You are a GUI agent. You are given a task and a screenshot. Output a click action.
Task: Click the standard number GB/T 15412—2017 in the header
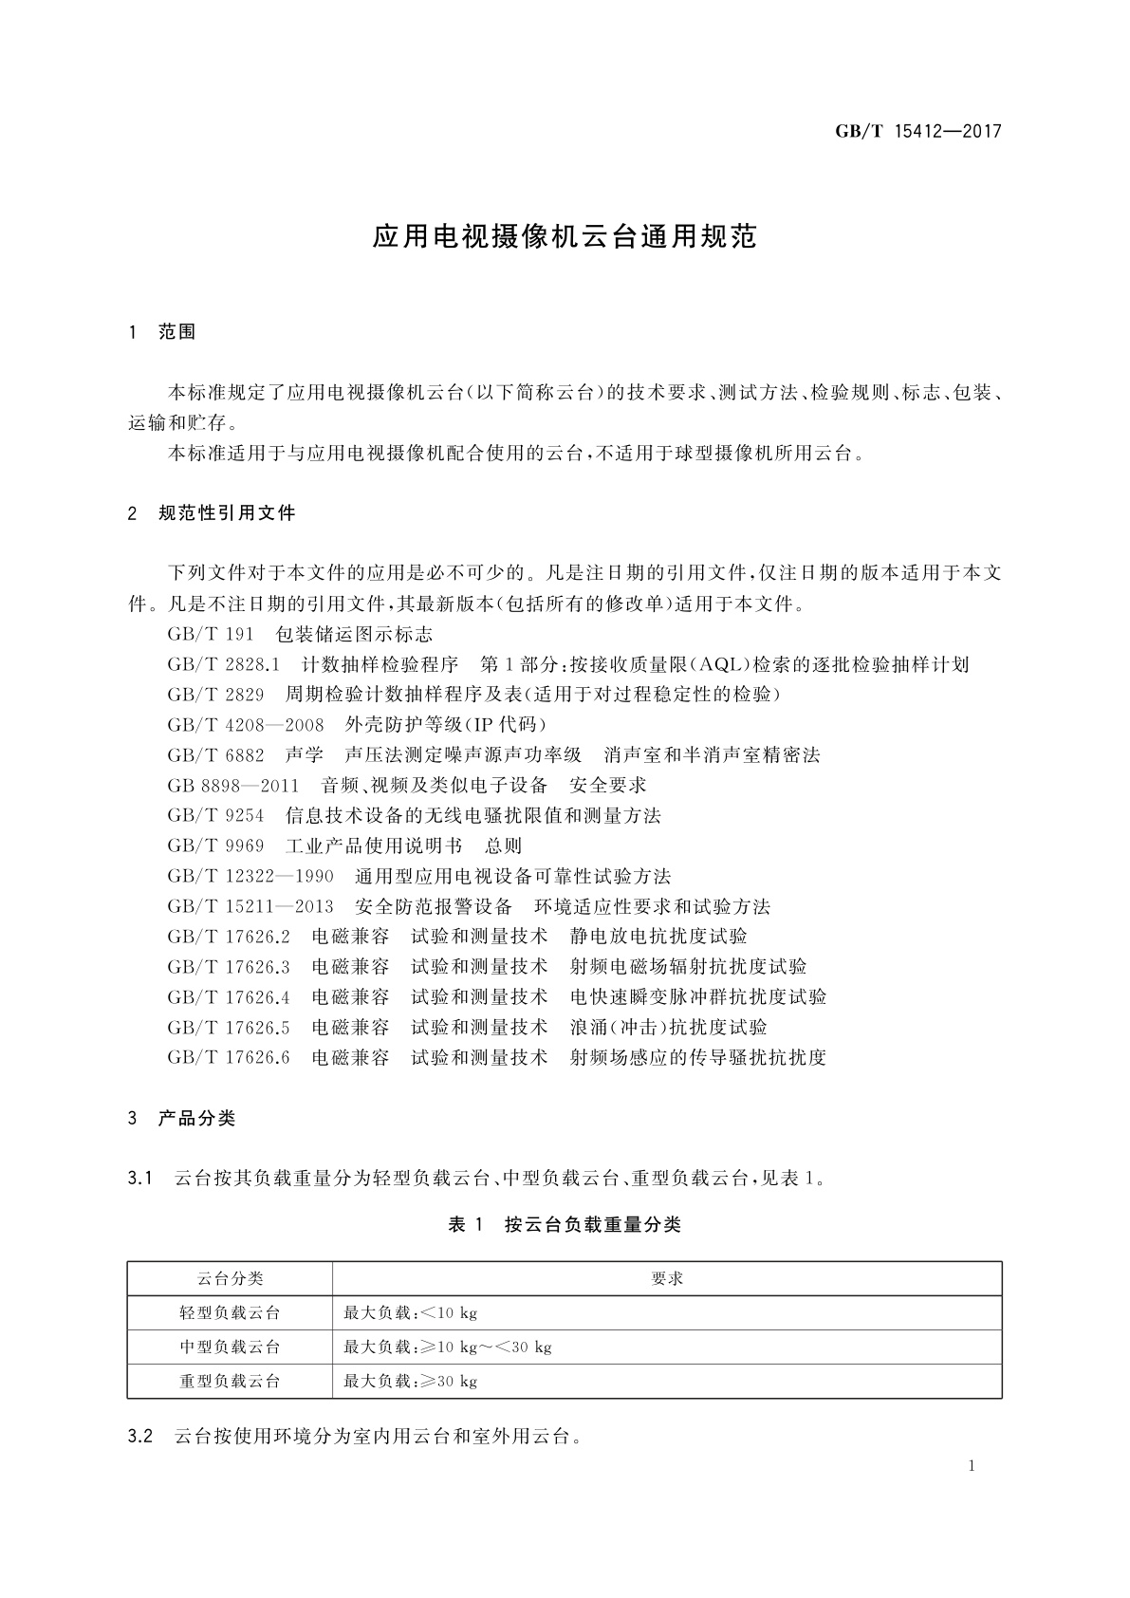click(917, 131)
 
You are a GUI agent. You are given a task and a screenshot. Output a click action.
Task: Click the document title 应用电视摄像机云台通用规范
click(565, 236)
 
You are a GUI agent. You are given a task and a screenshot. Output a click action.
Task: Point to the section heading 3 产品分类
click(181, 1119)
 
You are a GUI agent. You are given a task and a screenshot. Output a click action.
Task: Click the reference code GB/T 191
click(211, 635)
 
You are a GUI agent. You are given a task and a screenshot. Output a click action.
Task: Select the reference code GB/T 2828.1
click(223, 665)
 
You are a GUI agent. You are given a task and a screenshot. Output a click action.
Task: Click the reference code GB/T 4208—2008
click(246, 726)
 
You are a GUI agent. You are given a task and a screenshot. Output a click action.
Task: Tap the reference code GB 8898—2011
click(232, 786)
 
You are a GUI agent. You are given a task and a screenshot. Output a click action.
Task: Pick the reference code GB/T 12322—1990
click(250, 877)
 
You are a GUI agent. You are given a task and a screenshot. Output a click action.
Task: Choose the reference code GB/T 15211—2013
click(250, 907)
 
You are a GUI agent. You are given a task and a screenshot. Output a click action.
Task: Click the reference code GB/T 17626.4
click(229, 997)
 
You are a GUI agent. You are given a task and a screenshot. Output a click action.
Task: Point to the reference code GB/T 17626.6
click(229, 1058)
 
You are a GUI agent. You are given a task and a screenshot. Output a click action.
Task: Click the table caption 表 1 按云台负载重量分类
click(565, 1225)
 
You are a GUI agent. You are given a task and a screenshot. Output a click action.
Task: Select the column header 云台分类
click(230, 1279)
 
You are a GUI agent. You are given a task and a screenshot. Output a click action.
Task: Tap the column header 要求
click(667, 1279)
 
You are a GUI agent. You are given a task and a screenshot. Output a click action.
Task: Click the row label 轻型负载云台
click(230, 1313)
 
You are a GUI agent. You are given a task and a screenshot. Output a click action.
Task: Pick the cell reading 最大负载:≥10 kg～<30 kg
click(448, 1347)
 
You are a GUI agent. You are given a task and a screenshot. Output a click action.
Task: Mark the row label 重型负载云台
click(230, 1382)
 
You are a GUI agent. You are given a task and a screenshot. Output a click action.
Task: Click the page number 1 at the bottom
click(972, 1466)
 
